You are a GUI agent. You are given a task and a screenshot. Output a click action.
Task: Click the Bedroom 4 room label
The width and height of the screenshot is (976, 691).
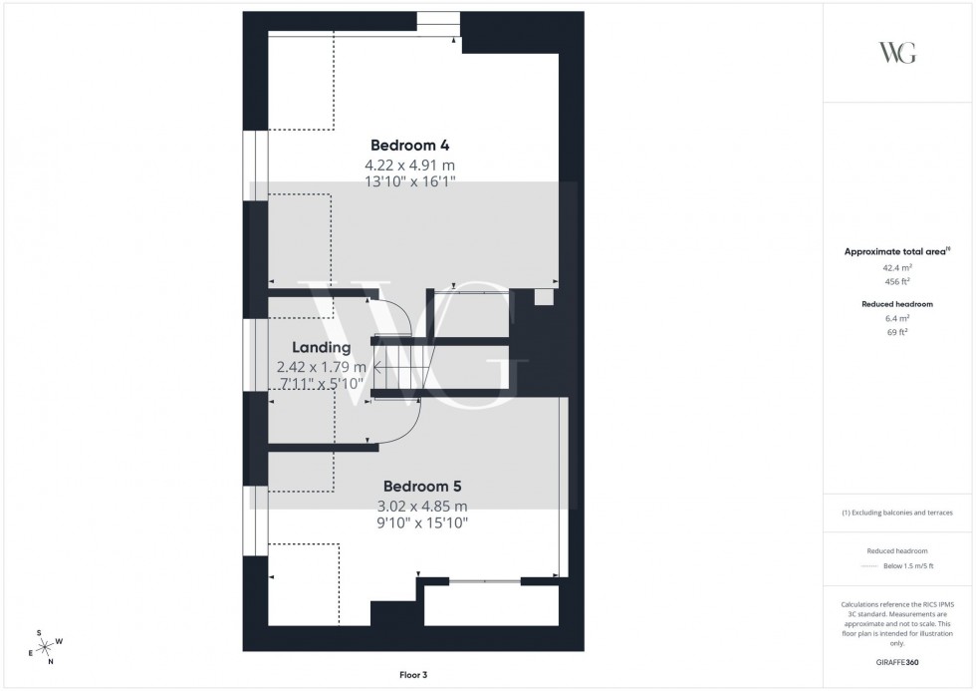tap(410, 144)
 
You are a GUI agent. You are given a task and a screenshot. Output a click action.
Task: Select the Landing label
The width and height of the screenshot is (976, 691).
tap(321, 348)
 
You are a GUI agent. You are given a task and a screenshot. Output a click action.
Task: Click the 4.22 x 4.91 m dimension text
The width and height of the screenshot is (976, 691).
tap(410, 165)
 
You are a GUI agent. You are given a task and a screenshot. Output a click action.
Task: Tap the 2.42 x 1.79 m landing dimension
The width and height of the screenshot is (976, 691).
tap(322, 367)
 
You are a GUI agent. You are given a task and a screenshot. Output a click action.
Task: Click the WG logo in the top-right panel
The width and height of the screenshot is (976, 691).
tap(897, 53)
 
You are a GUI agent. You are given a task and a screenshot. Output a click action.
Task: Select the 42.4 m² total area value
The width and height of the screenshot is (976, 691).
tap(897, 268)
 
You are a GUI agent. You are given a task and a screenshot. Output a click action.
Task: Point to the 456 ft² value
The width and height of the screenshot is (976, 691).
tap(897, 281)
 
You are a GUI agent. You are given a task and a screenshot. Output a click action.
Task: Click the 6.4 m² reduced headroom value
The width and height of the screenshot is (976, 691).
tap(897, 317)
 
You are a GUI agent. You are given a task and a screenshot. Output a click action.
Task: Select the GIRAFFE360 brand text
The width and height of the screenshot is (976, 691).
tap(897, 661)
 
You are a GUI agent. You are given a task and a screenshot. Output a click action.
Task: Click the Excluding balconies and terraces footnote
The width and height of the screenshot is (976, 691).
tap(897, 513)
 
